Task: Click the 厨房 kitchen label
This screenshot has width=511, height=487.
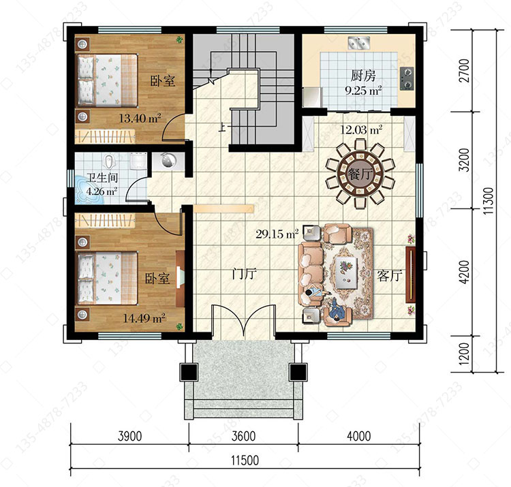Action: [x=363, y=76]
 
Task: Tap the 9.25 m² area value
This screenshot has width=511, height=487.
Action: [x=363, y=90]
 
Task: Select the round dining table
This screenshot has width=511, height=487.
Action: [x=360, y=174]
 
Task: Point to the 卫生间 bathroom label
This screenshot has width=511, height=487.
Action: [x=102, y=178]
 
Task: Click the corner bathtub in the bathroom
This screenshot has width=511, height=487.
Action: [x=89, y=191]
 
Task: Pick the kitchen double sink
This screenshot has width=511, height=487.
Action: [x=358, y=43]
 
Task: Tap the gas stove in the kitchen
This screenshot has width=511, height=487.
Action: [x=407, y=78]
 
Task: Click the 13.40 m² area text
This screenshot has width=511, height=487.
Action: [x=140, y=118]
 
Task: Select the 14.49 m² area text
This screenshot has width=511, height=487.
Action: [x=144, y=317]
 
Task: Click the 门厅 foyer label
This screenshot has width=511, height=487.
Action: [x=244, y=274]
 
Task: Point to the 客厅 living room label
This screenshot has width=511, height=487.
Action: [x=390, y=276]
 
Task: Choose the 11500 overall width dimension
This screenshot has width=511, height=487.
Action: [x=245, y=460]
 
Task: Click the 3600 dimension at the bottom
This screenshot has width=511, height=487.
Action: [x=243, y=436]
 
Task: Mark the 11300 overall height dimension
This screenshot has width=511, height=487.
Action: [x=489, y=201]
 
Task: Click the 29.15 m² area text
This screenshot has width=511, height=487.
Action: [x=277, y=234]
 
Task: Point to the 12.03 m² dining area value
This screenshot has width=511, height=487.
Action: [x=361, y=130]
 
